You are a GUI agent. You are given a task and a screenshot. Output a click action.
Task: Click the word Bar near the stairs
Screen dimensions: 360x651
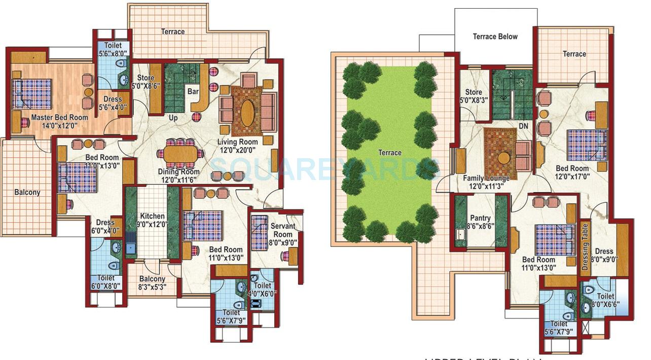coord(193,92)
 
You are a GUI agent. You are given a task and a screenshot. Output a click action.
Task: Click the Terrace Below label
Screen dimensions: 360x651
coord(495,37)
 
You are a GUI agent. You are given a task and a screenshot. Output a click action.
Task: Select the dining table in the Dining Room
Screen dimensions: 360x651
coord(182,153)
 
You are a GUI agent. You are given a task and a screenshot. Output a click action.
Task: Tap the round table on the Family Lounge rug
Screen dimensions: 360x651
coord(503,158)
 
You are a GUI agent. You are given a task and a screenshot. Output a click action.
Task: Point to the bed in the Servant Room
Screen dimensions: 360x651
coord(260,229)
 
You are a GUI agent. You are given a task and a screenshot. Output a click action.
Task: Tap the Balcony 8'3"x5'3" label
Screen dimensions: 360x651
coord(152,282)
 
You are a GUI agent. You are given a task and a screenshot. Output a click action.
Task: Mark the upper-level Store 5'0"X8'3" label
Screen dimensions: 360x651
coord(474,96)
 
